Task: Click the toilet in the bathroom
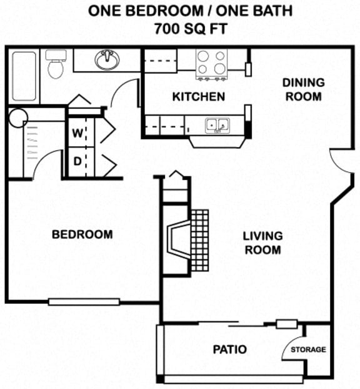pos(56,66)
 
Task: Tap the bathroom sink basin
pos(107,61)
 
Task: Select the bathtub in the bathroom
pos(24,78)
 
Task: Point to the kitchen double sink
pos(217,125)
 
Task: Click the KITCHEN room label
pos(198,97)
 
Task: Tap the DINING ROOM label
pos(303,89)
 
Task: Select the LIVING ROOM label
pos(262,243)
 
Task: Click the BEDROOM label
pos(82,235)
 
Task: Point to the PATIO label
pos(228,349)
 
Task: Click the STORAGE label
pos(307,350)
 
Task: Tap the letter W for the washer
pos(77,133)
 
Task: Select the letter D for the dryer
pos(77,161)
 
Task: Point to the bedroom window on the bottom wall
pos(84,301)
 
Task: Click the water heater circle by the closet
pos(17,117)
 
